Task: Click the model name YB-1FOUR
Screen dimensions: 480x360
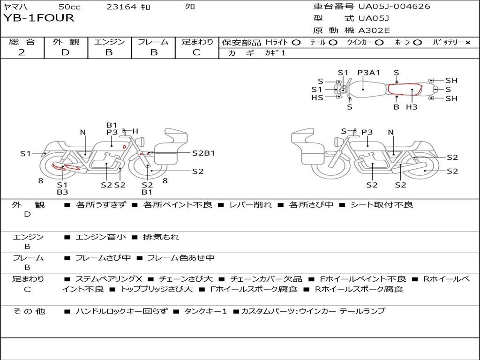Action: [39, 18]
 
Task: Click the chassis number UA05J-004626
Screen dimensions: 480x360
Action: [394, 6]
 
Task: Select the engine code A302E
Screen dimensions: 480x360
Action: [374, 30]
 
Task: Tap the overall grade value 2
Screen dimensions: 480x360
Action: [22, 52]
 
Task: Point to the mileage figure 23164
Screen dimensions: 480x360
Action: [121, 7]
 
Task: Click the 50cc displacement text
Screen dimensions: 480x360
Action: [69, 7]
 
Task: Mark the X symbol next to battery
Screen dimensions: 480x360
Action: [468, 43]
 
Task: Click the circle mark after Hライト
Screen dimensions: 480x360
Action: [296, 43]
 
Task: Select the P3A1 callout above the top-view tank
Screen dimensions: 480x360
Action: [368, 73]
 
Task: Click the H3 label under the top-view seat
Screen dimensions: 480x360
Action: [412, 107]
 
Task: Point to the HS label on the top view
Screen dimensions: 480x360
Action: [317, 97]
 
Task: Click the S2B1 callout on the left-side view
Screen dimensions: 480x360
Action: [203, 153]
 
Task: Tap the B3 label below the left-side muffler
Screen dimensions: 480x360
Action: [62, 192]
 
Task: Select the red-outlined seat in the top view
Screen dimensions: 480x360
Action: [405, 89]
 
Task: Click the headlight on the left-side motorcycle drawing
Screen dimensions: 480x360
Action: [142, 142]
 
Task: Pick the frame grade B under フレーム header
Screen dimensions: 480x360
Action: [154, 52]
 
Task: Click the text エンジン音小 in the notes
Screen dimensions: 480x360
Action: [100, 237]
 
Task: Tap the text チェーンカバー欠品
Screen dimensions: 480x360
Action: [266, 279]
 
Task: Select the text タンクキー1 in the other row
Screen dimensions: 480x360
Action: [205, 311]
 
